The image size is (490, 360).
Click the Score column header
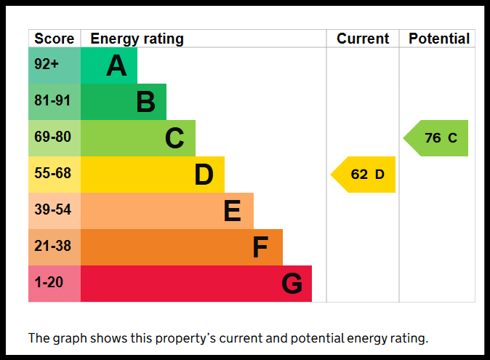coord(54,39)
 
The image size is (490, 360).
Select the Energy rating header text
coord(137,39)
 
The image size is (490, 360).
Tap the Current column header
coord(363,39)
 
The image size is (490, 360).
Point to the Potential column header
coord(439,39)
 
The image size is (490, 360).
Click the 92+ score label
coord(47,64)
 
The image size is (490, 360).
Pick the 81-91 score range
coord(52,100)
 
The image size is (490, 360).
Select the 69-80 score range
coord(52,137)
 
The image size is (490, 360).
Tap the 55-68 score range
coord(52,173)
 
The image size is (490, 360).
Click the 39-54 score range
coord(52,209)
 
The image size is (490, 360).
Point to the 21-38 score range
coord(52,246)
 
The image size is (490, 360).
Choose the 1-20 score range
coord(49,282)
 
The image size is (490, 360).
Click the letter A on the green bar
coord(116,65)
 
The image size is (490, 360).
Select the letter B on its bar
coord(145,102)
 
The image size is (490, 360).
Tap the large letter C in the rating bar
coord(174,137)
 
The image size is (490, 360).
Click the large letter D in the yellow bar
coord(204,175)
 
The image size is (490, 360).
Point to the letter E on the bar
coord(233,211)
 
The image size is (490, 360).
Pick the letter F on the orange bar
coord(260,247)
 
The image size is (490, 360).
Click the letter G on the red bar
coord(292,284)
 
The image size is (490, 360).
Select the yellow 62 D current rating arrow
coord(363,175)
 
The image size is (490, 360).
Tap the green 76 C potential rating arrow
coord(435,138)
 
